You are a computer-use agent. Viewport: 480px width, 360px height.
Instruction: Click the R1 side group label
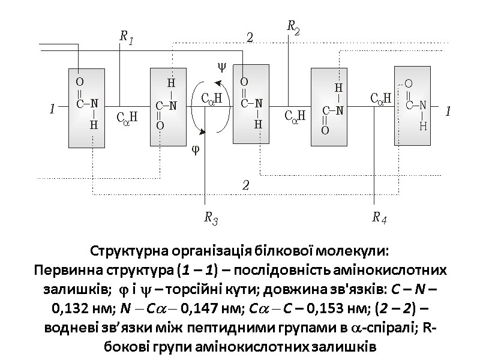pos(126,38)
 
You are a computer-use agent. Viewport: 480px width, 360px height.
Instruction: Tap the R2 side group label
pos(293,26)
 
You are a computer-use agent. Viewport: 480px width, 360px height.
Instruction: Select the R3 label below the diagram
pos(211,218)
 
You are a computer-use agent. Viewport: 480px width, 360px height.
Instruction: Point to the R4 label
pos(379,218)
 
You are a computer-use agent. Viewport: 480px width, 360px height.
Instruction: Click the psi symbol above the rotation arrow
pos(221,67)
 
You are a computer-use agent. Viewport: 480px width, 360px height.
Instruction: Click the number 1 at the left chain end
pos(52,109)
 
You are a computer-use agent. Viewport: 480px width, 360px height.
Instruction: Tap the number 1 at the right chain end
pos(447,112)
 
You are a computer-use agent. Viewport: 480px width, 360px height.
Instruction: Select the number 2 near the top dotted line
pos(250,38)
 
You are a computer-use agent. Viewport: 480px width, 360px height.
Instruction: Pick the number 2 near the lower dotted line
pos(245,185)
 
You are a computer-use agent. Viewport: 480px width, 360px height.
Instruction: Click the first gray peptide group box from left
pos(87,108)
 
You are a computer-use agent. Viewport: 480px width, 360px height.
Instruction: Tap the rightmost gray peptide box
pos(413,106)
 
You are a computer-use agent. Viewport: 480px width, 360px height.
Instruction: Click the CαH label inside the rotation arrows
pos(211,98)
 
